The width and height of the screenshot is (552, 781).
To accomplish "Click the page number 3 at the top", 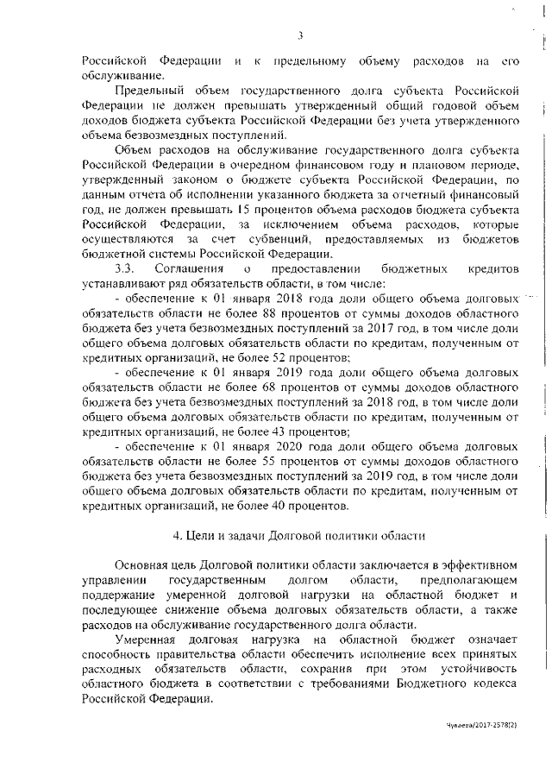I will point(299,35).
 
